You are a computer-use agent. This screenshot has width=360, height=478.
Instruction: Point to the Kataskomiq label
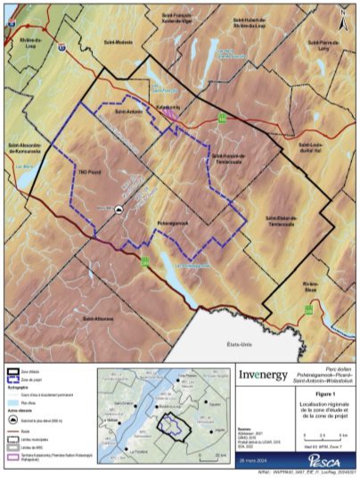coord(169,108)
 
